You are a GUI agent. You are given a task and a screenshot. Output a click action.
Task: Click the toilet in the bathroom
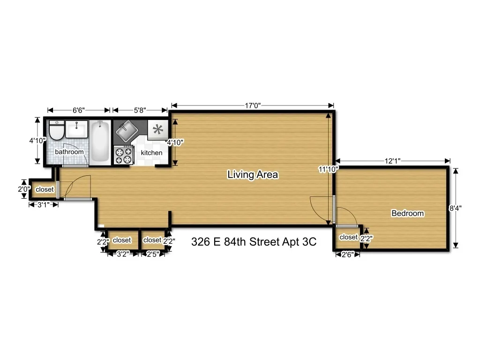(x=56, y=131)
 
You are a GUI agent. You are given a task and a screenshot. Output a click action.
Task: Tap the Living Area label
(x=253, y=175)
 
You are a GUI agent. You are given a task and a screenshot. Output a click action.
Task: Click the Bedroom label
(x=407, y=213)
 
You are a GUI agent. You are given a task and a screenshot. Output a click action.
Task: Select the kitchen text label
(x=151, y=153)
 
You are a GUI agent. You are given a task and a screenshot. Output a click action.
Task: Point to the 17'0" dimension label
(x=253, y=105)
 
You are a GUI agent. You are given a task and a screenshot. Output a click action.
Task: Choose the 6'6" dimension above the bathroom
(x=79, y=110)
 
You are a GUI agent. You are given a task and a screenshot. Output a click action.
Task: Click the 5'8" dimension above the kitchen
(x=140, y=110)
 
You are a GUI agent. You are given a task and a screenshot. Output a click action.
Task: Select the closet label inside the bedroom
(x=348, y=237)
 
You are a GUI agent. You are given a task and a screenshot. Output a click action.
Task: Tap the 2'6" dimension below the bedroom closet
(x=347, y=255)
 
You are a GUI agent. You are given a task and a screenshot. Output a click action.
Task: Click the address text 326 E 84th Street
(x=254, y=242)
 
